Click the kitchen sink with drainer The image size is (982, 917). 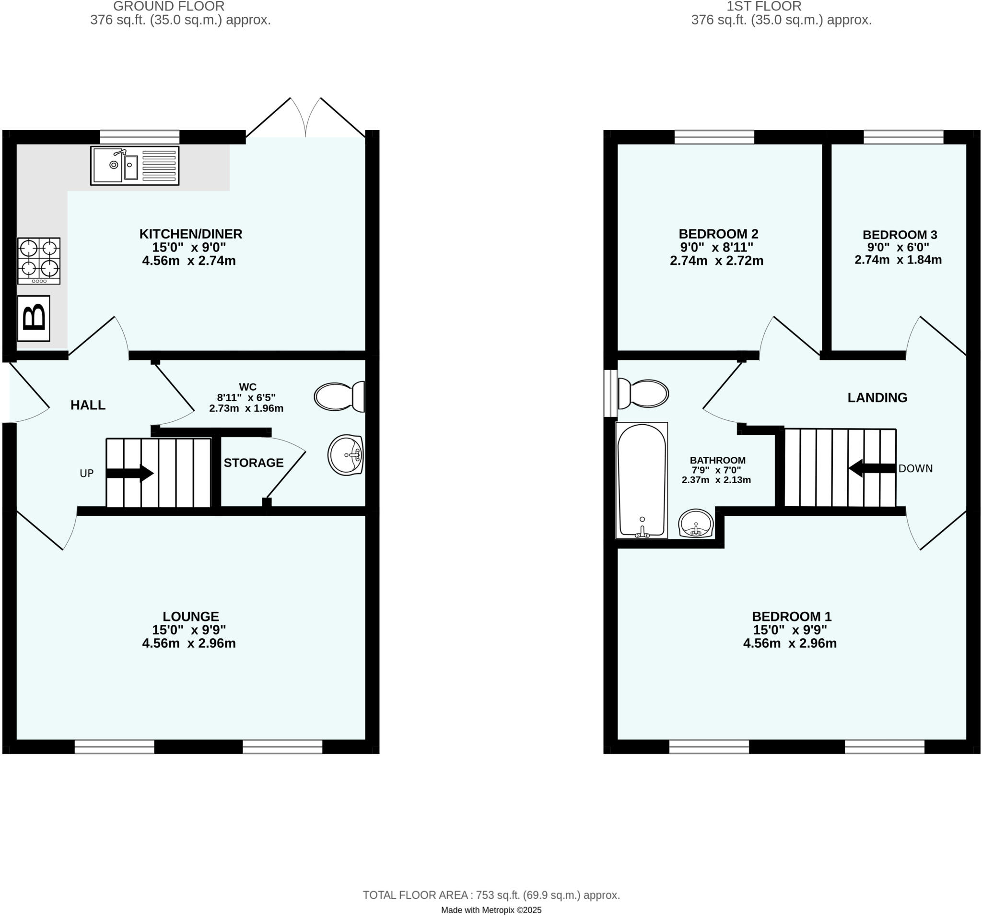[x=134, y=166]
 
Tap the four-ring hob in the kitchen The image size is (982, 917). [x=39, y=261]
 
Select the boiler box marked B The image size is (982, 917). [x=34, y=318]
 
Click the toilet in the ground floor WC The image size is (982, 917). [x=340, y=396]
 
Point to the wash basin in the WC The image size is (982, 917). [x=346, y=454]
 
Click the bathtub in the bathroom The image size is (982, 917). [x=641, y=480]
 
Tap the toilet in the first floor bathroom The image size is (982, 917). [x=643, y=394]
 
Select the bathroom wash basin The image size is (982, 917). [x=695, y=523]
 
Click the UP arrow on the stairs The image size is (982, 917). [x=130, y=473]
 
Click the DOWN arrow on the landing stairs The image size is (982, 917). [x=872, y=468]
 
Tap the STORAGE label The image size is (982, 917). [x=253, y=463]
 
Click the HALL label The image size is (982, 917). [x=88, y=405]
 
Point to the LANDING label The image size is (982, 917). [x=877, y=397]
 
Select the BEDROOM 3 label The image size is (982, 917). [x=900, y=234]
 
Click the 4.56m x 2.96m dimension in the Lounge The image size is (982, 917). [x=189, y=643]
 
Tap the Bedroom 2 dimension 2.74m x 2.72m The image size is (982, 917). [x=716, y=261]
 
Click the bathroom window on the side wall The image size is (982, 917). [x=610, y=393]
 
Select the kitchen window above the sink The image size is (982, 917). [x=140, y=137]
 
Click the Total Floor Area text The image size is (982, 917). [x=491, y=895]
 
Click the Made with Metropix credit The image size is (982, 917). [x=491, y=910]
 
